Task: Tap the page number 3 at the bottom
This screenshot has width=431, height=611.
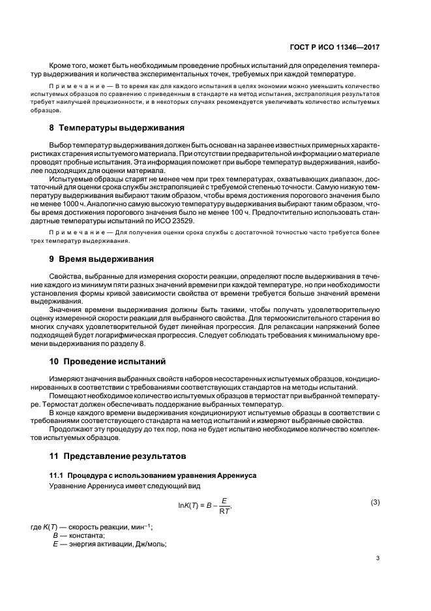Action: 378,558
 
